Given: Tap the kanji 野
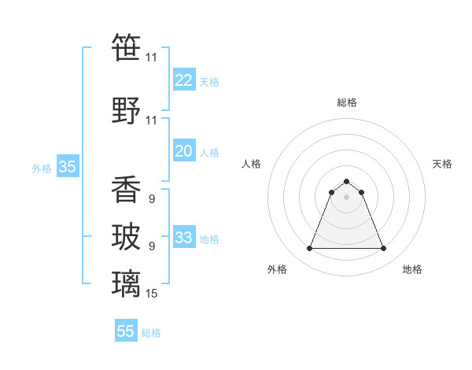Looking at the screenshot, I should [126, 109].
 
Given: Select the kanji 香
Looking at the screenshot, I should [126, 189].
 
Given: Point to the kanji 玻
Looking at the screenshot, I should [126, 236].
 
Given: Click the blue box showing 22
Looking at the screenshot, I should [184, 80].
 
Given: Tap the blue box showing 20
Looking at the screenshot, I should [184, 151].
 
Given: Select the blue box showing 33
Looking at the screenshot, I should [184, 238].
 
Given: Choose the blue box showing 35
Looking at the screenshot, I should [68, 167].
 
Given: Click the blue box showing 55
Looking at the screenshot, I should [126, 331].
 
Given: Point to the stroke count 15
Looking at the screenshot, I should [152, 294].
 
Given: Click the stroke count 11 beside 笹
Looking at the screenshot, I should [151, 57].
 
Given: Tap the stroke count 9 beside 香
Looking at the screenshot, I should [151, 199].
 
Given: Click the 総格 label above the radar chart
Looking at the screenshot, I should [347, 102].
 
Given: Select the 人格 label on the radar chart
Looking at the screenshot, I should [252, 164].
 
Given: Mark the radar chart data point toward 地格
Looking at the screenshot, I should [384, 249].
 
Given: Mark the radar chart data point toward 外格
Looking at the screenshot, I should [309, 249].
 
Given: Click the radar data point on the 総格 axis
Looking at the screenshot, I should [347, 182].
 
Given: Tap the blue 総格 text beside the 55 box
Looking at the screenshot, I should [152, 333].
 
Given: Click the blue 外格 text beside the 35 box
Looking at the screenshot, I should [42, 168].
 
